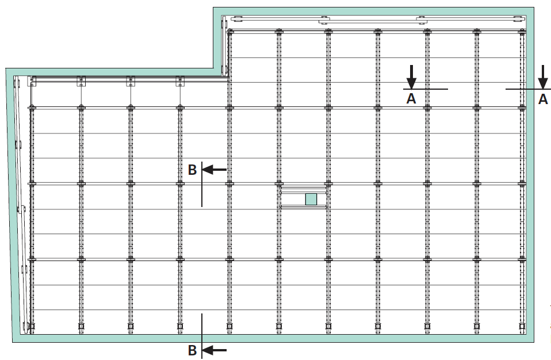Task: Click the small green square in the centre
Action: click(311, 199)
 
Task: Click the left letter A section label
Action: click(411, 99)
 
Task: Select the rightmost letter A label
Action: click(543, 99)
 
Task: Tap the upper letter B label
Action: click(192, 170)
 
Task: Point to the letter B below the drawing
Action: click(192, 350)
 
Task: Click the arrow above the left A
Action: click(411, 76)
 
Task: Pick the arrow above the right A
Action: click(543, 76)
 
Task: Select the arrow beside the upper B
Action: click(215, 170)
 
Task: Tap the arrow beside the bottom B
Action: click(215, 350)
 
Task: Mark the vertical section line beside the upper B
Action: click(202, 184)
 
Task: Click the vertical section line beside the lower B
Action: click(202, 336)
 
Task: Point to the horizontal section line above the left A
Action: click(425, 89)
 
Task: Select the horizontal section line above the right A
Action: click(528, 89)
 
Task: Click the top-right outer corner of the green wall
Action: click(534, 7)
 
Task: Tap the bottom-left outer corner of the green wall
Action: click(13, 342)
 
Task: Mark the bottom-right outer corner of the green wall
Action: click(534, 342)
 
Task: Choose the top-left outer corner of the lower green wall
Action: click(6, 68)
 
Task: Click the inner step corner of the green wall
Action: click(213, 68)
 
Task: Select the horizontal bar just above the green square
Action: click(304, 189)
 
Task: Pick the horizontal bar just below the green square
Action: click(304, 208)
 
